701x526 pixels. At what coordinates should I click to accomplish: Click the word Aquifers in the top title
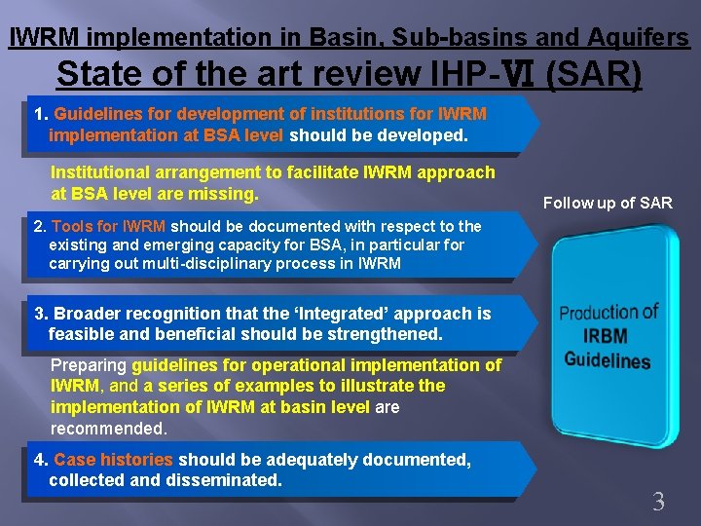coord(638,38)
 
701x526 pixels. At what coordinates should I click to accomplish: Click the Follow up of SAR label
coord(608,203)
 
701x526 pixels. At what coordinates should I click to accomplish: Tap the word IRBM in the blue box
coord(606,336)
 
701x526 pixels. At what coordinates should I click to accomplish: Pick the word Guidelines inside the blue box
coord(608,359)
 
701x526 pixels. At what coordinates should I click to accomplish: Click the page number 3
coord(658,503)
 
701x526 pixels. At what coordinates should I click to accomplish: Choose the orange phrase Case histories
coord(113,460)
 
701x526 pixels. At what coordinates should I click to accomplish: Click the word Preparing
coord(89,365)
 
